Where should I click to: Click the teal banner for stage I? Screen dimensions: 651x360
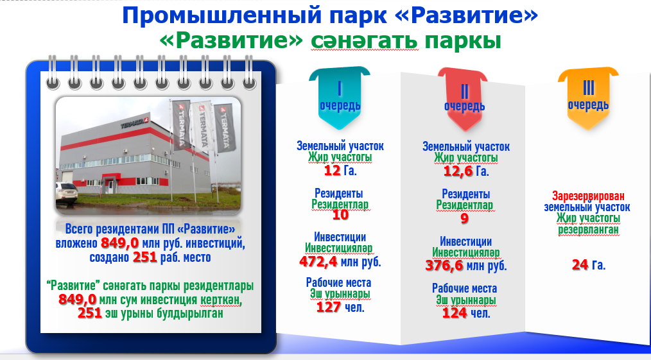340,98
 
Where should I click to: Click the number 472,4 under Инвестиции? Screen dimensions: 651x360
318,262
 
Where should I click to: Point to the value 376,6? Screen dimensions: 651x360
444,266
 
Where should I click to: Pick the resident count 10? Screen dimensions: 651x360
340,215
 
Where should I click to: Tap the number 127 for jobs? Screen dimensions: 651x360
329,307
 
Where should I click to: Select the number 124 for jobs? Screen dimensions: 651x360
454,313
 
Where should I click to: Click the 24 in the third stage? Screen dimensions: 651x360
580,264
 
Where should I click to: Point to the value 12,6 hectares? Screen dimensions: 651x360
458,171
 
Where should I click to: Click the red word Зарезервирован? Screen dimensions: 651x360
588,196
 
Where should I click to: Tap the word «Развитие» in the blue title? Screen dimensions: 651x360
466,16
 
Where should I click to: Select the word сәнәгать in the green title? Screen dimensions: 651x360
365,41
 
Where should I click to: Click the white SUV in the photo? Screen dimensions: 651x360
66,194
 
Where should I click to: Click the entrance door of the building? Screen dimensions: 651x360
110,185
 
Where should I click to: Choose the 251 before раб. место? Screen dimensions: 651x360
144,257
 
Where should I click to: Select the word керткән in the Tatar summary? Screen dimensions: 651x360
220,300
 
